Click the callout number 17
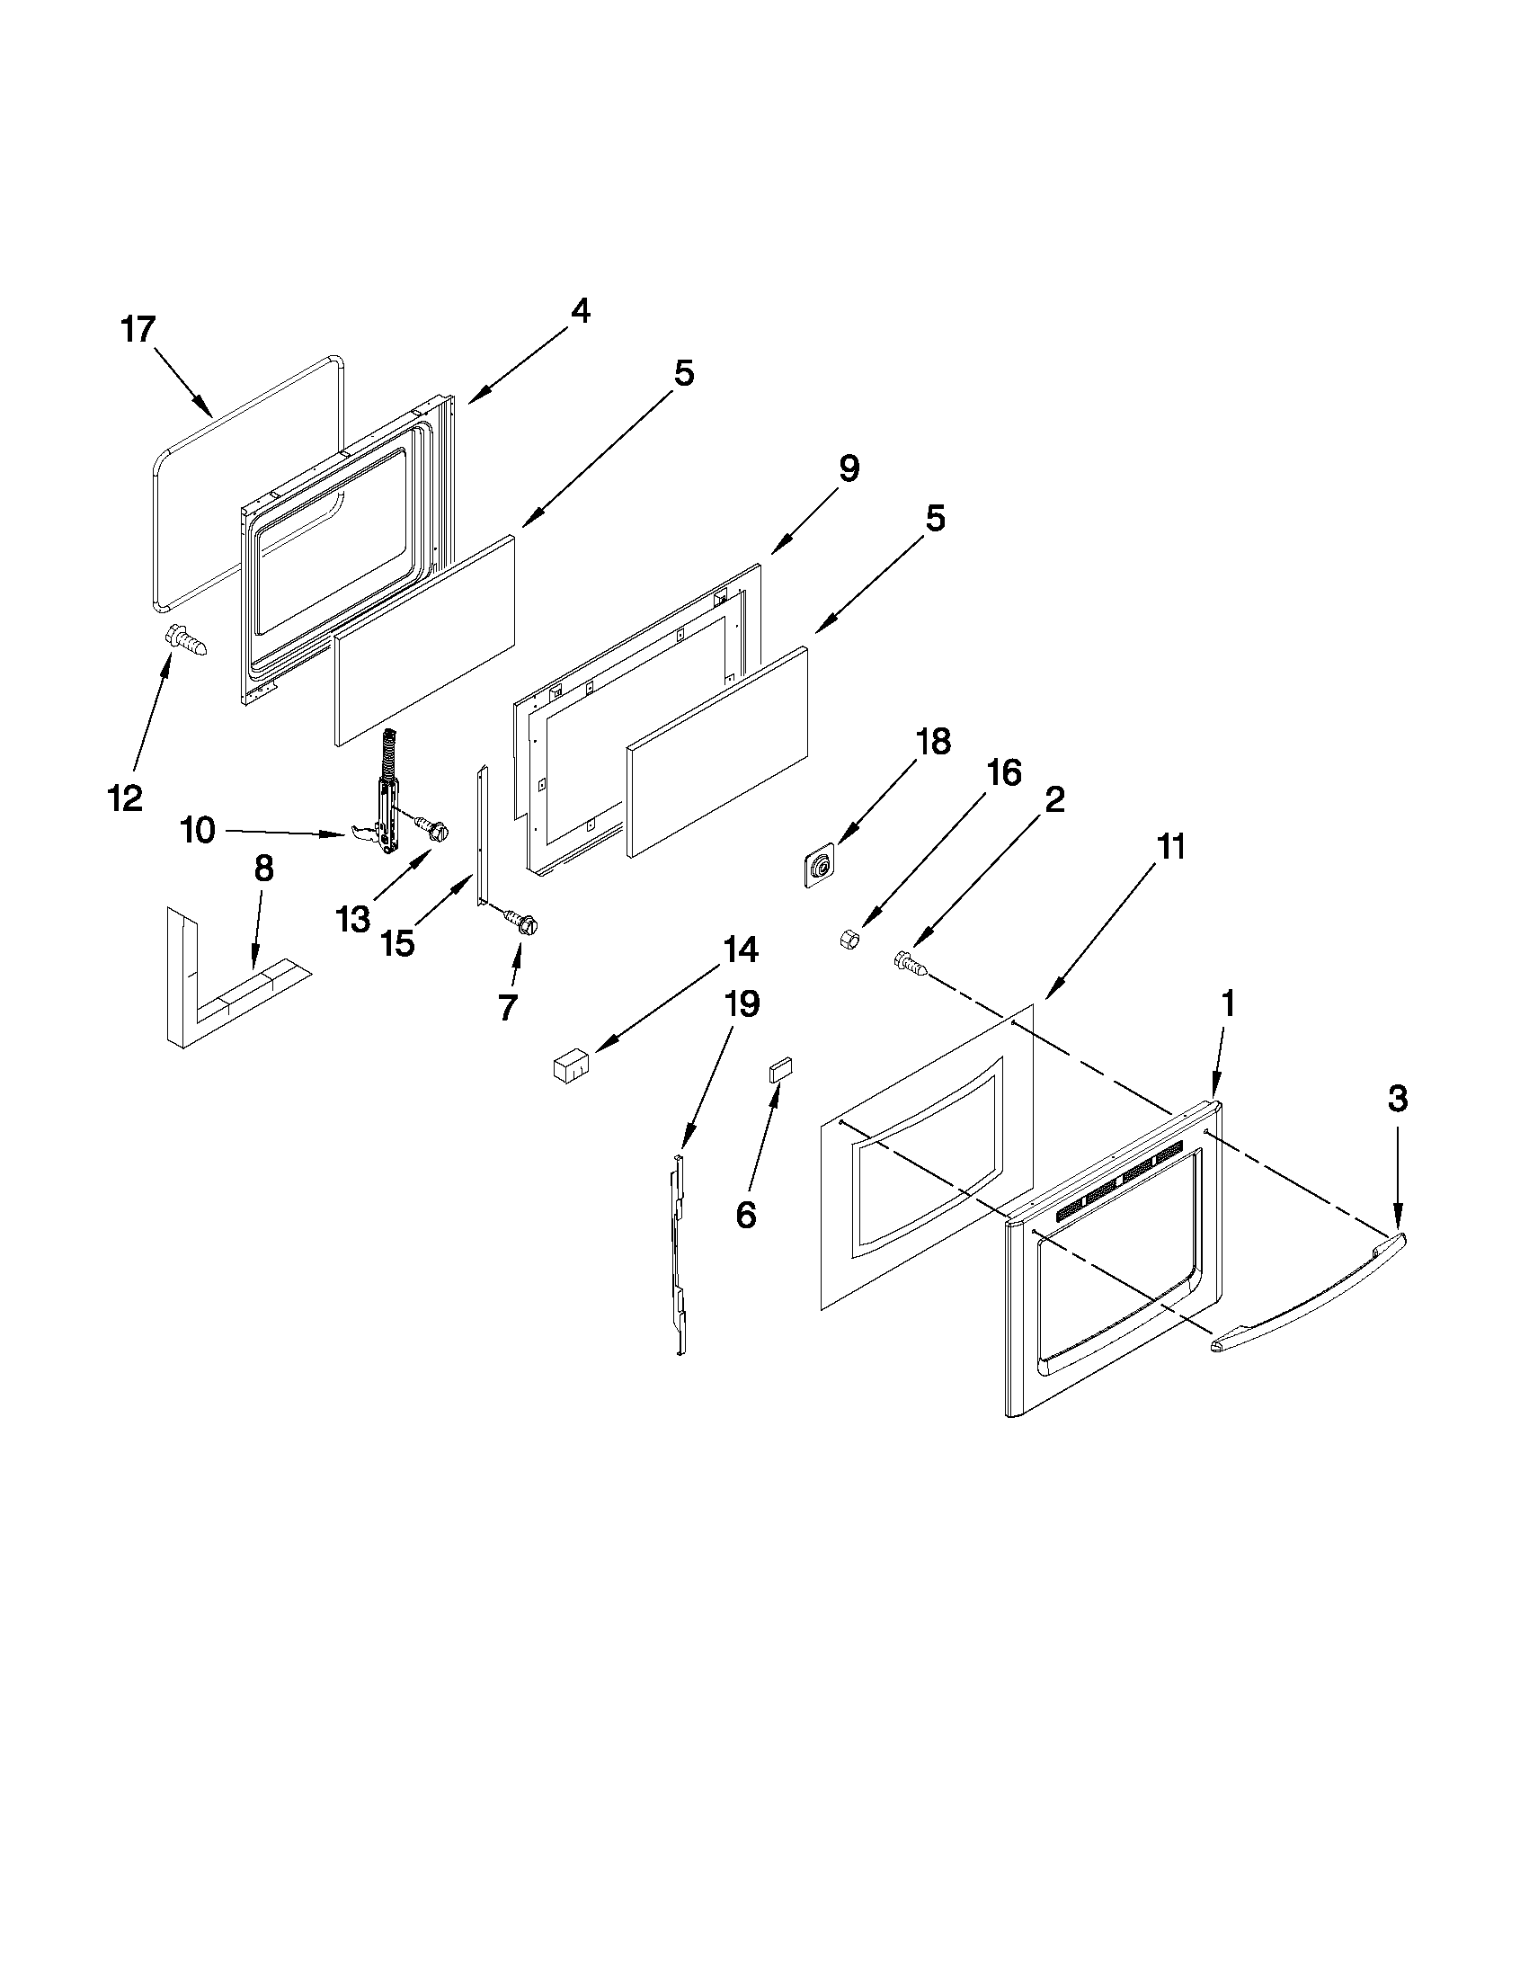[138, 330]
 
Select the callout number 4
[580, 312]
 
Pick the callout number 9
[848, 469]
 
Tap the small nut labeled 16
[850, 940]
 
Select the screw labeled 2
[911, 964]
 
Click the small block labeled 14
[570, 1065]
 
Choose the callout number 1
[1228, 1004]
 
